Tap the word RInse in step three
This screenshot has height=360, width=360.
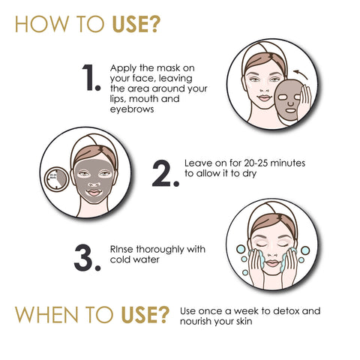[x=123, y=248]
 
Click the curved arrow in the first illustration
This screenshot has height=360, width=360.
[x=301, y=73]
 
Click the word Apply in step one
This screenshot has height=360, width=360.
[x=123, y=67]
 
